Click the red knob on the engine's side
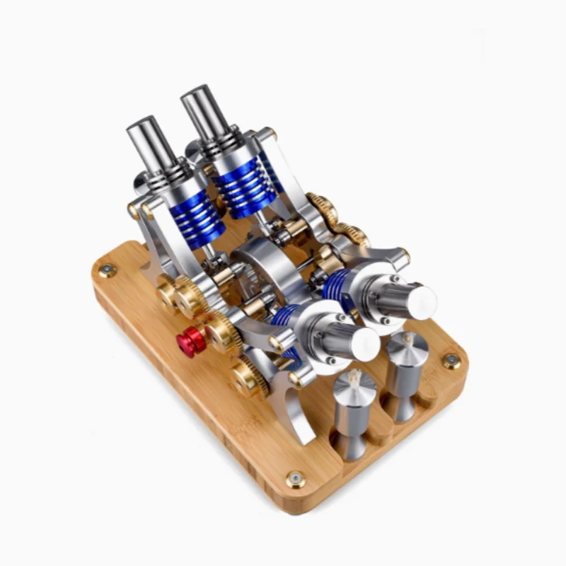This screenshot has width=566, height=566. tap(190, 342)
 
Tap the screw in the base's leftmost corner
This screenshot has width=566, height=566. tap(107, 270)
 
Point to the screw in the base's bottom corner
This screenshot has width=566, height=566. tap(296, 479)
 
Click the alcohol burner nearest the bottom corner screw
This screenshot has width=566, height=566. tap(353, 414)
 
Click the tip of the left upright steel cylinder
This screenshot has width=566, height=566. tap(141, 127)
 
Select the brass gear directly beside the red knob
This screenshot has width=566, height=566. tap(224, 333)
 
